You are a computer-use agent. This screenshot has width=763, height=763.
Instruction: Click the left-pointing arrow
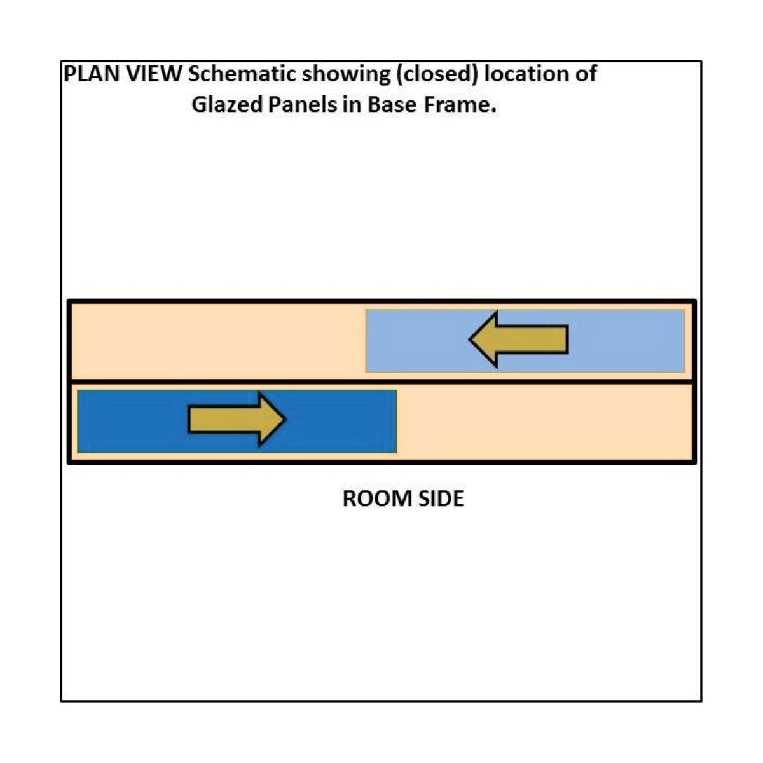pyautogui.click(x=518, y=340)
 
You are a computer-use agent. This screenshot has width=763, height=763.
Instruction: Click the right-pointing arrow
pyautogui.click(x=237, y=419)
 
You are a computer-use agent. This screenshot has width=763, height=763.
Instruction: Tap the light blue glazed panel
pyautogui.click(x=525, y=341)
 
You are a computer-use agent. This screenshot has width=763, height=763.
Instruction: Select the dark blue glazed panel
pyautogui.click(x=237, y=421)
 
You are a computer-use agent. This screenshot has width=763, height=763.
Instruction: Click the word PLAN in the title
pyautogui.click(x=92, y=74)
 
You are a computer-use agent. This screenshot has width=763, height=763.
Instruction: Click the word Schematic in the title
pyautogui.click(x=242, y=74)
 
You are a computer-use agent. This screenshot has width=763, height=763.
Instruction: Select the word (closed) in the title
pyautogui.click(x=437, y=75)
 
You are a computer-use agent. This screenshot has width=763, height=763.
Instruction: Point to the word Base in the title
pyautogui.click(x=392, y=105)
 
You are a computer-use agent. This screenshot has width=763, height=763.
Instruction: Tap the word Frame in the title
pyautogui.click(x=460, y=105)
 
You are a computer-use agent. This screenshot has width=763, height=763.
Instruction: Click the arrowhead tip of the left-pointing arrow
pyautogui.click(x=469, y=340)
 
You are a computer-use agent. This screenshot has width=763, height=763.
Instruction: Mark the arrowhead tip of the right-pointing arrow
pyautogui.click(x=285, y=419)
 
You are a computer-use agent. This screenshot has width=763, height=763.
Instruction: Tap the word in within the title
pyautogui.click(x=352, y=105)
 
